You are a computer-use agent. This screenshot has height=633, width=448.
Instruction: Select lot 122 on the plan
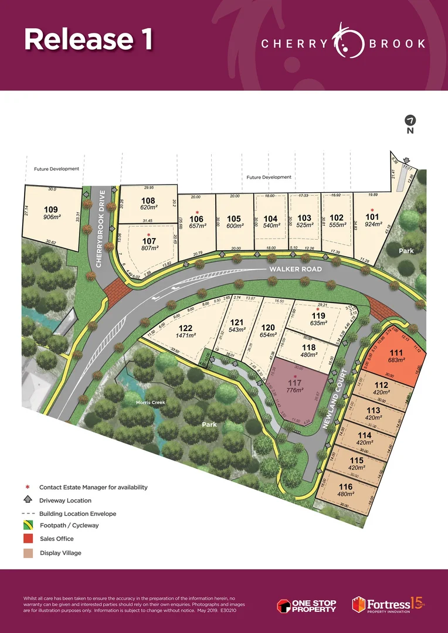tap(186, 328)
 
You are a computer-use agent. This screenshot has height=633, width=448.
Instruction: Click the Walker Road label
tap(289, 269)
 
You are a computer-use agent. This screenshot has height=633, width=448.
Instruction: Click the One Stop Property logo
tap(307, 604)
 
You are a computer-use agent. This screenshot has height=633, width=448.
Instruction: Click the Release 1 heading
tap(89, 39)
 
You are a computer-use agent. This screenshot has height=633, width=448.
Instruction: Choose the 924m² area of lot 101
tap(373, 224)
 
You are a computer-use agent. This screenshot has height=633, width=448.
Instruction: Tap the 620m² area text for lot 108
tap(149, 207)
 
